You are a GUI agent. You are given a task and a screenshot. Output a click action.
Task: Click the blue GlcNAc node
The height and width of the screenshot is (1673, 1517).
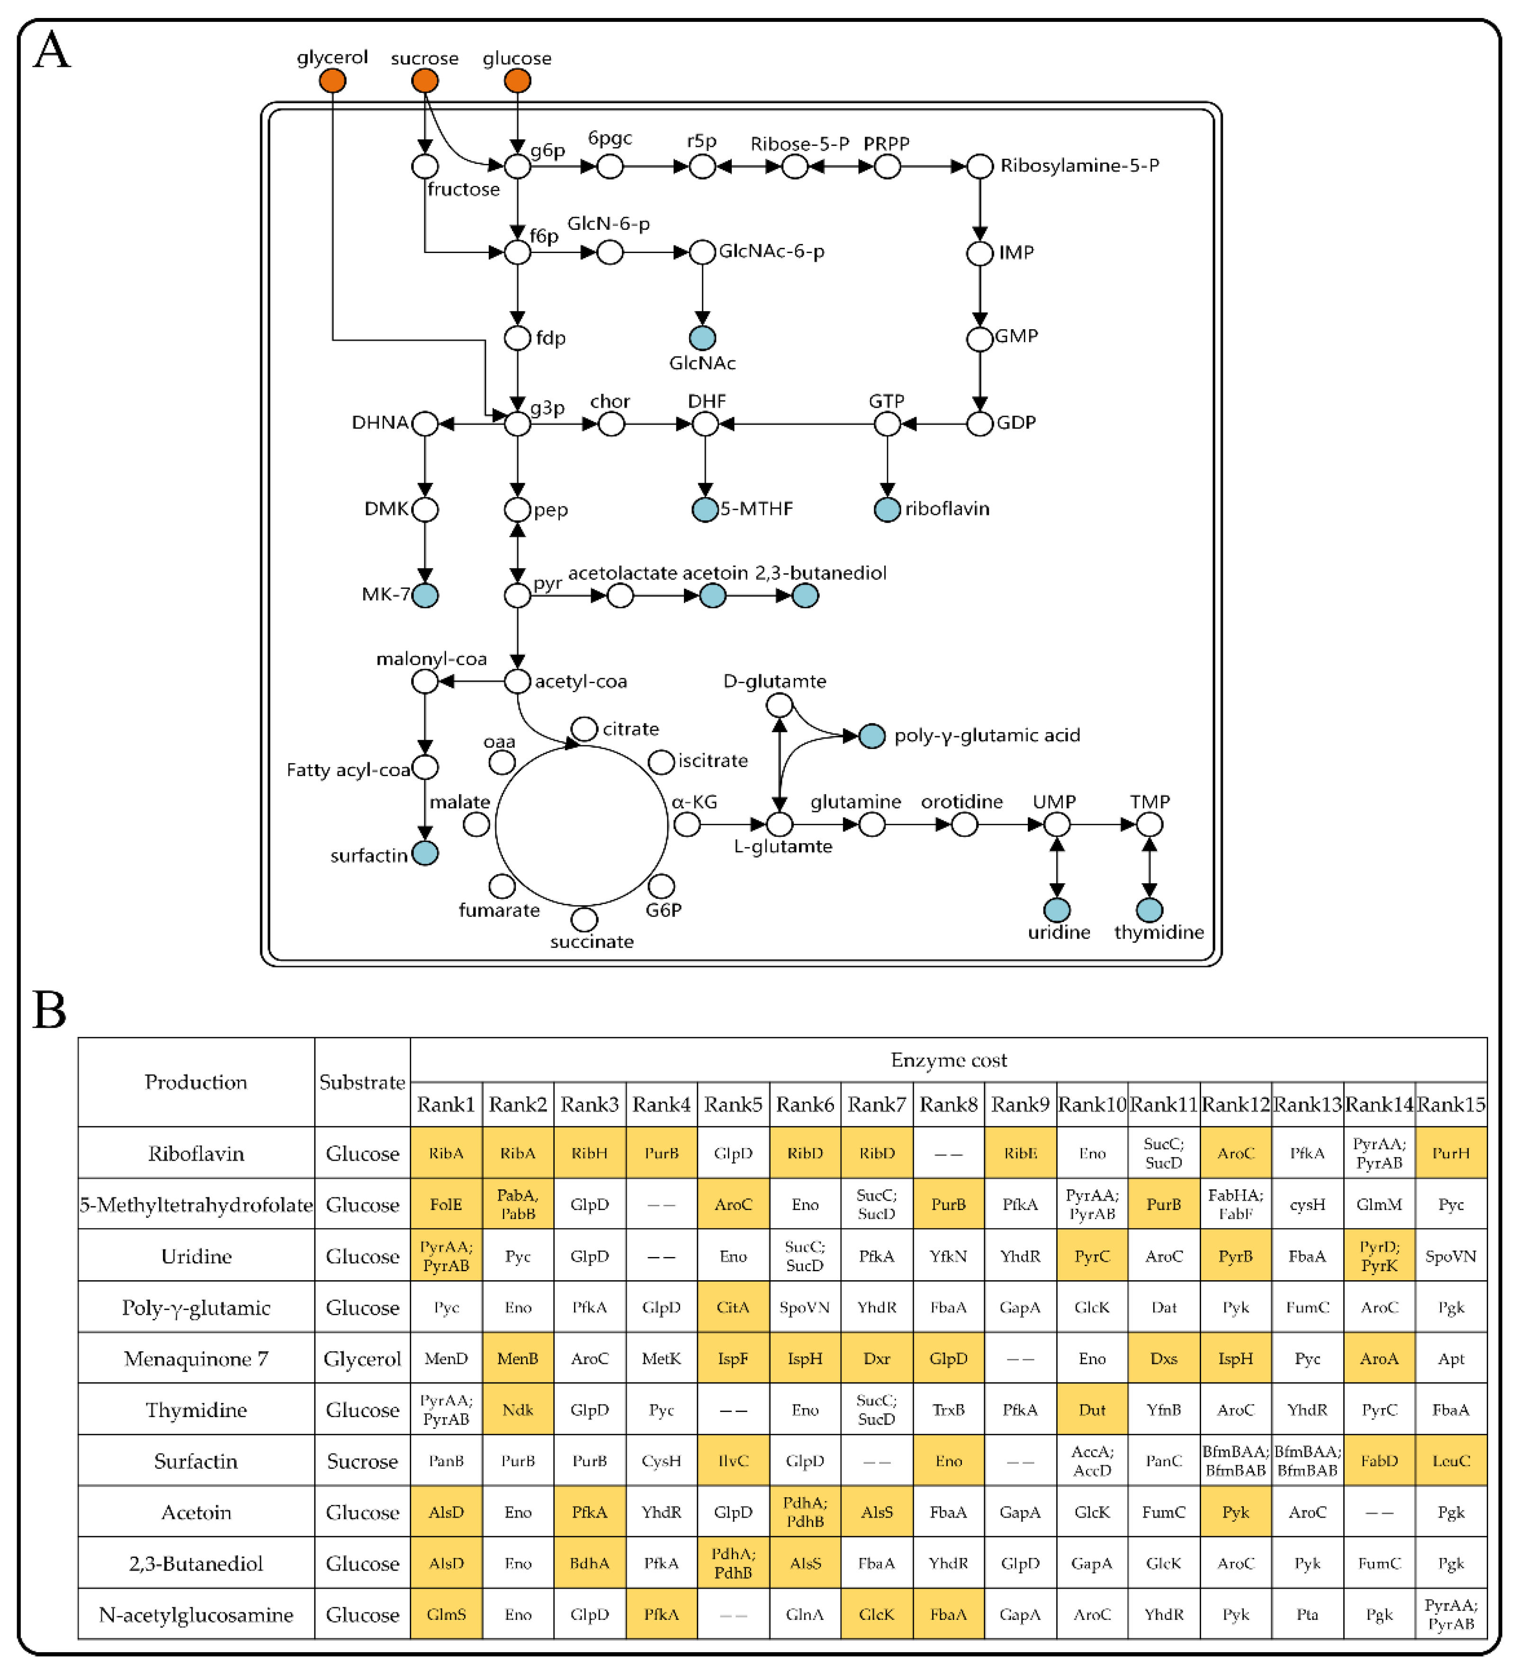(702, 338)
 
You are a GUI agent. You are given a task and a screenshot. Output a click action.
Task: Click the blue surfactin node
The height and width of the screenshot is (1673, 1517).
(425, 853)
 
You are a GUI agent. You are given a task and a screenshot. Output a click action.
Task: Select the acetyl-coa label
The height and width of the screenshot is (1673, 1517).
(581, 681)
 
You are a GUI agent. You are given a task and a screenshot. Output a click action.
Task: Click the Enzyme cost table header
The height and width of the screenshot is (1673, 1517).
(948, 1060)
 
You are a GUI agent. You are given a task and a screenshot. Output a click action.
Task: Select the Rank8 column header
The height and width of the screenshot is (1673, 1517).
(948, 1104)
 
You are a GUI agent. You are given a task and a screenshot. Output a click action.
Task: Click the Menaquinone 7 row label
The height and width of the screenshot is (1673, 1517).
(196, 1358)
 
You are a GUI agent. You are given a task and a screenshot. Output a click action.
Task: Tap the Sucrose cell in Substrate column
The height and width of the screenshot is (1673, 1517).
(362, 1461)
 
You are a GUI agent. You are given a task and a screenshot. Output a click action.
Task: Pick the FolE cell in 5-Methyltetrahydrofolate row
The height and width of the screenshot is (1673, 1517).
(446, 1204)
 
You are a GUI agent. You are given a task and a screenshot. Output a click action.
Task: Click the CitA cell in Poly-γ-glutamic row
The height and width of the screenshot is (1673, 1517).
(733, 1307)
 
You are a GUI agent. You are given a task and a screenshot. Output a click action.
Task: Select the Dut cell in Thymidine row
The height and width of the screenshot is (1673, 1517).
(1092, 1410)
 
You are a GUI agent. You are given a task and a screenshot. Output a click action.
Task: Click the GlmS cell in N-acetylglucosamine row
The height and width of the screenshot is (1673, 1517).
(446, 1615)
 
